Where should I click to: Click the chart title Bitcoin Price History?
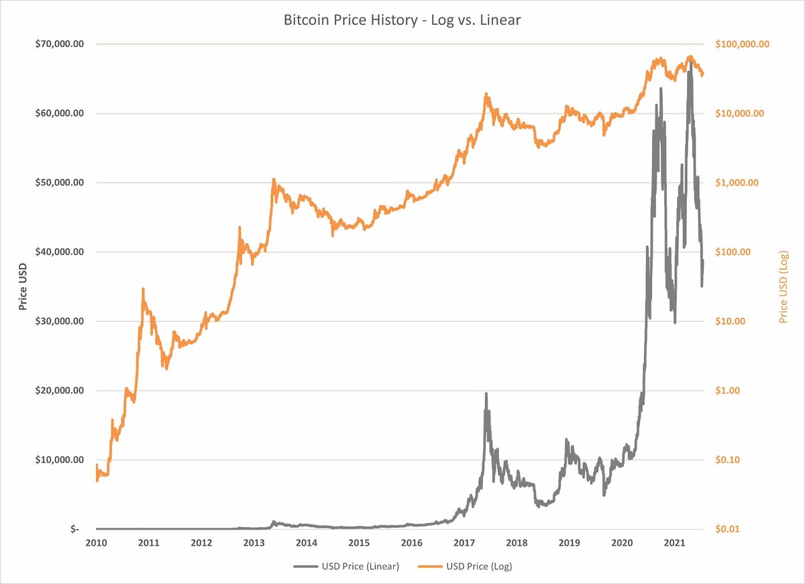click(x=402, y=21)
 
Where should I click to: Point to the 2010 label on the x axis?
click(x=96, y=542)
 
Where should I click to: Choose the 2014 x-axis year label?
click(x=307, y=542)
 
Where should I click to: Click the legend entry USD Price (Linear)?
click(x=347, y=567)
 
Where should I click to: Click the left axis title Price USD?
click(x=23, y=287)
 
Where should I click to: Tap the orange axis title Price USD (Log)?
click(x=783, y=287)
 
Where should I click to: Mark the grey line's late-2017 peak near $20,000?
click(x=486, y=394)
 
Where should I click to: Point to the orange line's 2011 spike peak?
click(x=143, y=289)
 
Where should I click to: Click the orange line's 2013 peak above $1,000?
click(x=274, y=180)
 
